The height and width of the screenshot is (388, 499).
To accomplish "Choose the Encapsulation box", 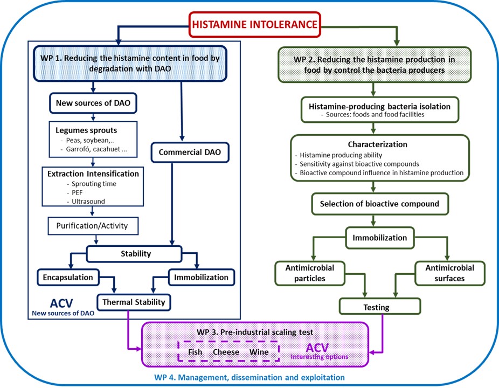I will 68,277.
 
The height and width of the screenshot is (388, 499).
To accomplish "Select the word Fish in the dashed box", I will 196,352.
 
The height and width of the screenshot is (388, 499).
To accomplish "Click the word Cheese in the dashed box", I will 226,352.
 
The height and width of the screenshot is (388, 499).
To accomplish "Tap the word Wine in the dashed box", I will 259,352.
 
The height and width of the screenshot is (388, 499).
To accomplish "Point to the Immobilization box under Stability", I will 202,277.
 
